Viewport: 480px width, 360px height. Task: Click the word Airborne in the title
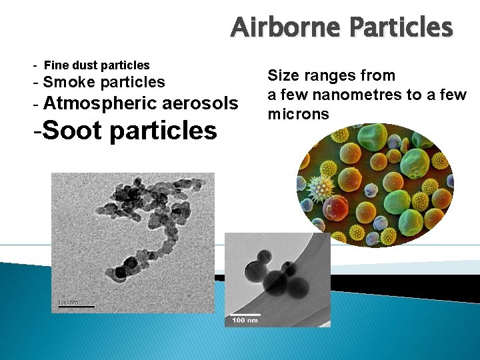tap(285, 28)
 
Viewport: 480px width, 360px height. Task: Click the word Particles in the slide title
tap(401, 28)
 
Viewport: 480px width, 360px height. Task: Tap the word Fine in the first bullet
tap(55, 65)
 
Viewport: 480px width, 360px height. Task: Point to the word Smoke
tap(69, 83)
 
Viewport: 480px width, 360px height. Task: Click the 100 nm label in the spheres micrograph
tap(245, 321)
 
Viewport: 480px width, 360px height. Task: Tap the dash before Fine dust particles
tap(35, 65)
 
